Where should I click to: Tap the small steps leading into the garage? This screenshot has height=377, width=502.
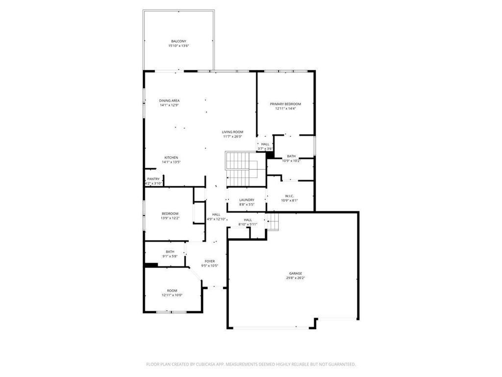pyautogui.click(x=273, y=222)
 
